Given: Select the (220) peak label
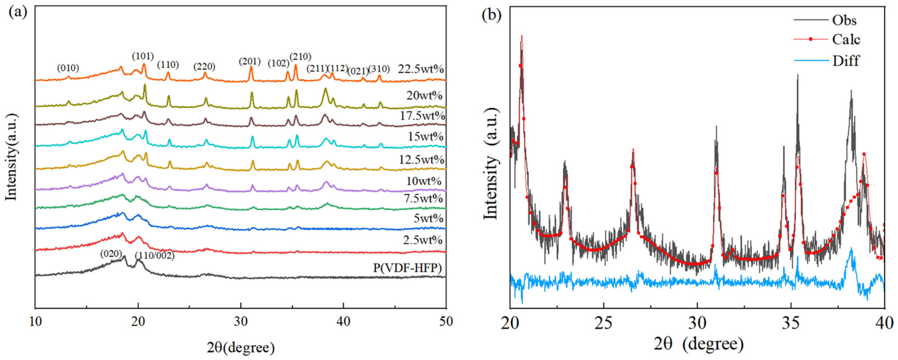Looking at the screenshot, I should [x=204, y=66].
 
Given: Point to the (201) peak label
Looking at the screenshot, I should [x=250, y=61].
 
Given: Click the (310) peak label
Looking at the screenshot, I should [x=379, y=69].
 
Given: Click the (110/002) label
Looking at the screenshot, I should [x=154, y=256].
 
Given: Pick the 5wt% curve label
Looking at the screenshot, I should [x=428, y=219].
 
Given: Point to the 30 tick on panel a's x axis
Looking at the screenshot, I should [x=240, y=321].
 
